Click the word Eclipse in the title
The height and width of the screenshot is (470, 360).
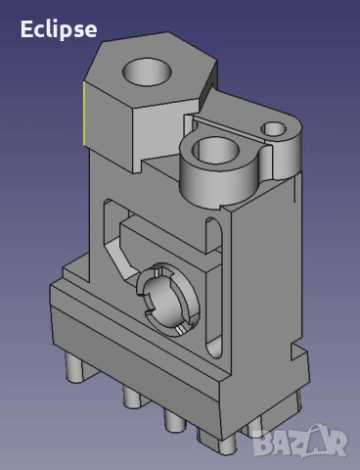tap(59, 30)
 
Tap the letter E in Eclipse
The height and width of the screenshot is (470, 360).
tap(26, 28)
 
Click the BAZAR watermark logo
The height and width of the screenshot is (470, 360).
tap(300, 441)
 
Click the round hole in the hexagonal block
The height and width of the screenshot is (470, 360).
tap(147, 72)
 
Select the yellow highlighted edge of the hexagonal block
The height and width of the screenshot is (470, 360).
tap(83, 113)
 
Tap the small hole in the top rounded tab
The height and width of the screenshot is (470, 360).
tap(274, 129)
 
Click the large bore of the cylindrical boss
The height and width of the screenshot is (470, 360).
tap(215, 151)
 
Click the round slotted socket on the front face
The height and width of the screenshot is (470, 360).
tap(167, 299)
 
